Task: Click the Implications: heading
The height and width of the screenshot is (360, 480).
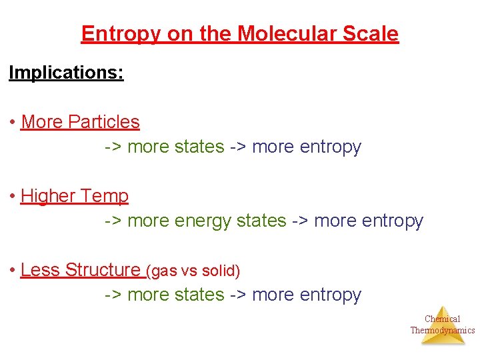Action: click(66, 73)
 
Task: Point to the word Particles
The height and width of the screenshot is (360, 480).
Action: click(104, 122)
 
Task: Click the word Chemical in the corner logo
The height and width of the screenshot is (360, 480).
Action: click(443, 319)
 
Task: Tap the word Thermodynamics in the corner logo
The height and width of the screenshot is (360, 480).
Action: click(443, 330)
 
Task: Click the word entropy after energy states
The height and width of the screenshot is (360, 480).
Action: click(389, 221)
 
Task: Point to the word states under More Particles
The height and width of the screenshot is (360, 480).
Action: click(199, 147)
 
